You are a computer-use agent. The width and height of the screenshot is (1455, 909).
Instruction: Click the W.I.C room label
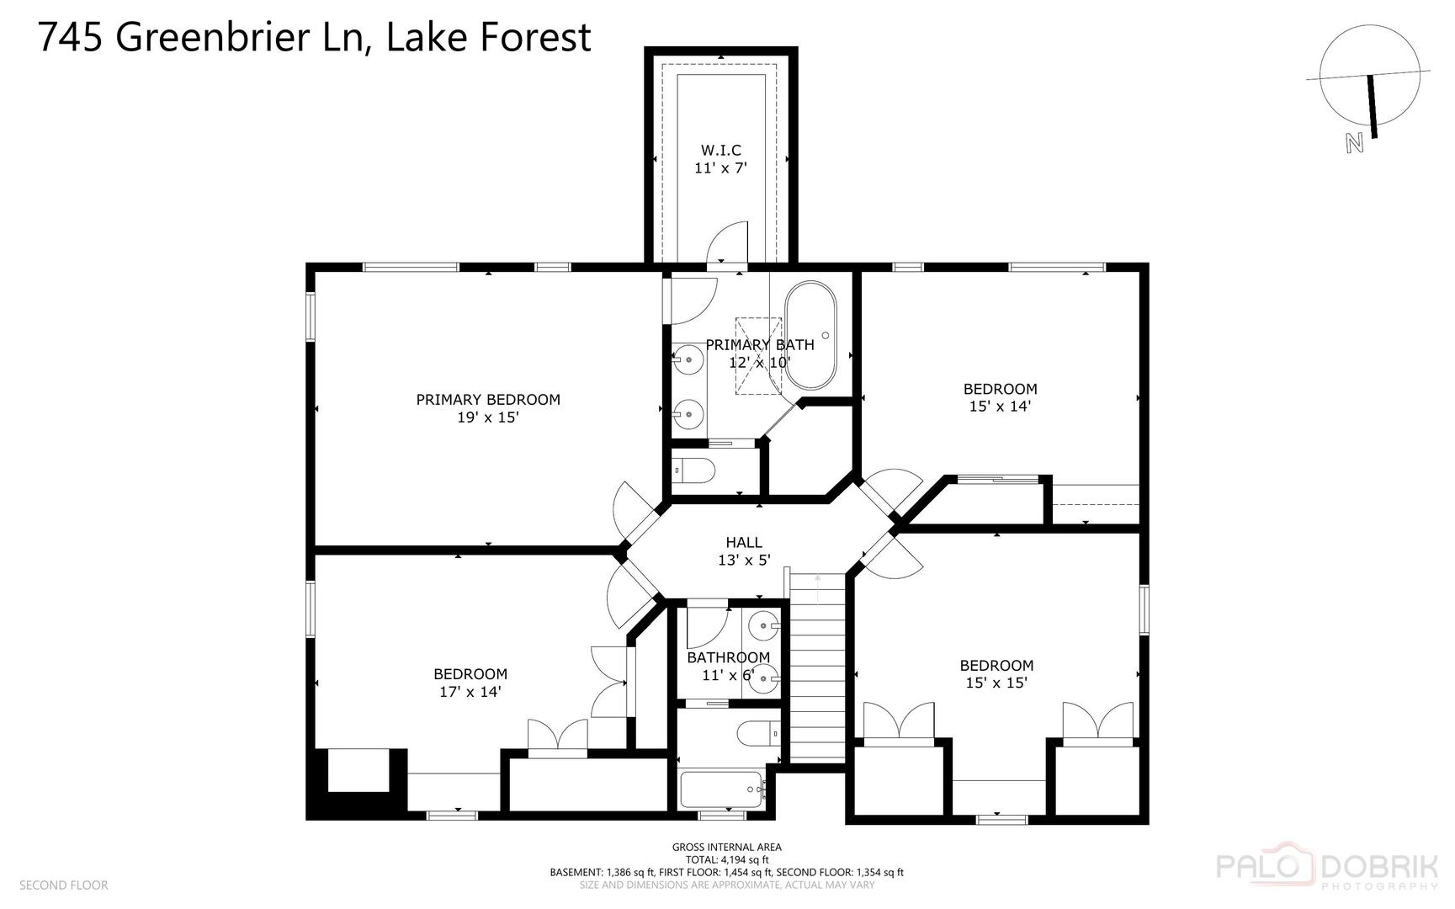tap(721, 150)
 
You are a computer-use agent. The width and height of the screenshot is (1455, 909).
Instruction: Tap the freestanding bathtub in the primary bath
tap(810, 334)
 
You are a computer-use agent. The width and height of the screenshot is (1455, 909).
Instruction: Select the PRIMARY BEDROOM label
tap(488, 399)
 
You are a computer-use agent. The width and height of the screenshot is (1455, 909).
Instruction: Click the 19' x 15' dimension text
tap(488, 417)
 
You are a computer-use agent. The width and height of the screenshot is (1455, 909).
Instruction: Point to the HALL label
tap(744, 542)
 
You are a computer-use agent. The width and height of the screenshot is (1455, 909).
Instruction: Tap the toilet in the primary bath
tap(695, 469)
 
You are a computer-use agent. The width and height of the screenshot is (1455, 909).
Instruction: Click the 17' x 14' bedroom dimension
tap(470, 692)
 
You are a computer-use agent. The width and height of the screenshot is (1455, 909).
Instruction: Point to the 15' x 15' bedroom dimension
tap(996, 683)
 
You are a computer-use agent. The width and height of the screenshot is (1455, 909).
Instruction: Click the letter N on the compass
tap(1354, 143)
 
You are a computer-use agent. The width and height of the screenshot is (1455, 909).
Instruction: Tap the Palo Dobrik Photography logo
tap(1328, 869)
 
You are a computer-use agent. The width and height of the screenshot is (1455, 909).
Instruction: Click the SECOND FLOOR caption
tap(64, 885)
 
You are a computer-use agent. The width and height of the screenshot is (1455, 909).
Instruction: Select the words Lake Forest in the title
tap(488, 37)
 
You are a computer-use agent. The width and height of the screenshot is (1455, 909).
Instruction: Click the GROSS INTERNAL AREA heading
tap(726, 847)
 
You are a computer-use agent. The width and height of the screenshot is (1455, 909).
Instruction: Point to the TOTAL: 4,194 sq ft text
tap(726, 859)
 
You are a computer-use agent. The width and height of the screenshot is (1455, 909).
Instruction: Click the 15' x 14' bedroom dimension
tap(1000, 406)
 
